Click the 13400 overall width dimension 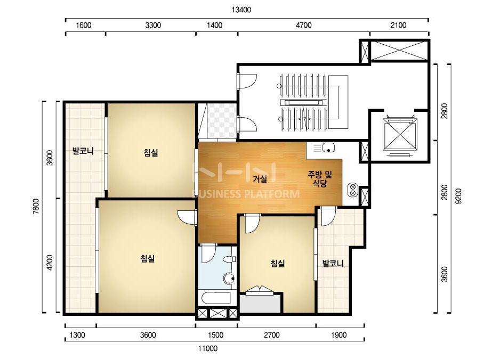pos(241,10)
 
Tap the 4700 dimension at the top pos(303,25)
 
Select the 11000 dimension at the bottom pos(207,348)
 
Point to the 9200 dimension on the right pos(458,196)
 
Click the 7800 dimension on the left pos(36,206)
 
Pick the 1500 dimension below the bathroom pos(216,335)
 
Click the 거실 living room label pos(260,179)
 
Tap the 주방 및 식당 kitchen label pos(320,179)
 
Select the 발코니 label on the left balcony pos(83,151)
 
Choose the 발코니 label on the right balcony pos(333,264)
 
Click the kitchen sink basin pos(328,147)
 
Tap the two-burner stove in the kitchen pos(352,190)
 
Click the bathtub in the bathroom pos(216,298)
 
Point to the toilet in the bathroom pos(230,260)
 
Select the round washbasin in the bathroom pos(229,278)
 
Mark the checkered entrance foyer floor pos(222,121)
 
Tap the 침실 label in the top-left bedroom pos(151,153)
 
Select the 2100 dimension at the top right pos(398,25)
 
